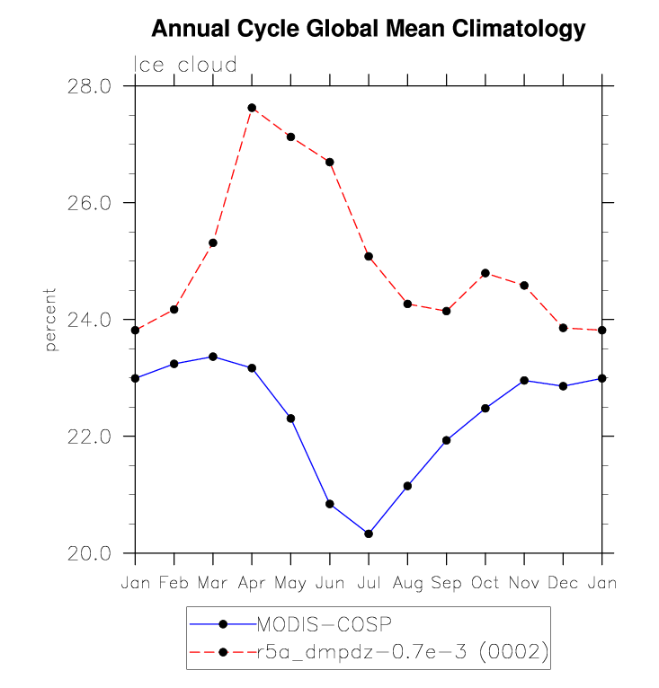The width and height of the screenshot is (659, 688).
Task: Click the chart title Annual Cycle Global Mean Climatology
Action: pyautogui.click(x=369, y=29)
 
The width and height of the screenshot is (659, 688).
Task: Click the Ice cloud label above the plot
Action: pyautogui.click(x=185, y=65)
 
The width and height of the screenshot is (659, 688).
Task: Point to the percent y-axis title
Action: pyautogui.click(x=50, y=319)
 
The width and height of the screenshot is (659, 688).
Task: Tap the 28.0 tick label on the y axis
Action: pyautogui.click(x=88, y=86)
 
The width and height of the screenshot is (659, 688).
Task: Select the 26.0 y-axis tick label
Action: pyautogui.click(x=88, y=203)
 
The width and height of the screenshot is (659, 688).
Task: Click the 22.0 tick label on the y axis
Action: pyautogui.click(x=88, y=437)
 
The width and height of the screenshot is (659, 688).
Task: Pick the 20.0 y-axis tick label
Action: pyautogui.click(x=88, y=553)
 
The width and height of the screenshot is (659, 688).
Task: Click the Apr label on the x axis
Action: pyautogui.click(x=252, y=583)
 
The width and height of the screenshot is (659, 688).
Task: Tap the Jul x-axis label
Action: pyautogui.click(x=369, y=583)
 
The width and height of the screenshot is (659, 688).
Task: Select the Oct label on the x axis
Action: pyautogui.click(x=485, y=583)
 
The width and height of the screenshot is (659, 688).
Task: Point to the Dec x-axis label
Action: pyautogui.click(x=563, y=583)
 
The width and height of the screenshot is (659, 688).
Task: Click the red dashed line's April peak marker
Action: pyautogui.click(x=252, y=108)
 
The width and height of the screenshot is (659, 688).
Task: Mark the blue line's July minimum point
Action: pyautogui.click(x=369, y=534)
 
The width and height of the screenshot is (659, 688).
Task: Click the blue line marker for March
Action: pyautogui.click(x=213, y=357)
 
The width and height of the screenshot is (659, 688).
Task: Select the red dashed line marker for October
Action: pyautogui.click(x=485, y=273)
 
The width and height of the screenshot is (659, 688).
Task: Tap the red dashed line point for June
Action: pyautogui.click(x=330, y=162)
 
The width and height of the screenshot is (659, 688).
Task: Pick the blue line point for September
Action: pyautogui.click(x=447, y=440)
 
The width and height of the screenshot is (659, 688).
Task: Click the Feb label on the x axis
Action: pyautogui.click(x=174, y=583)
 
